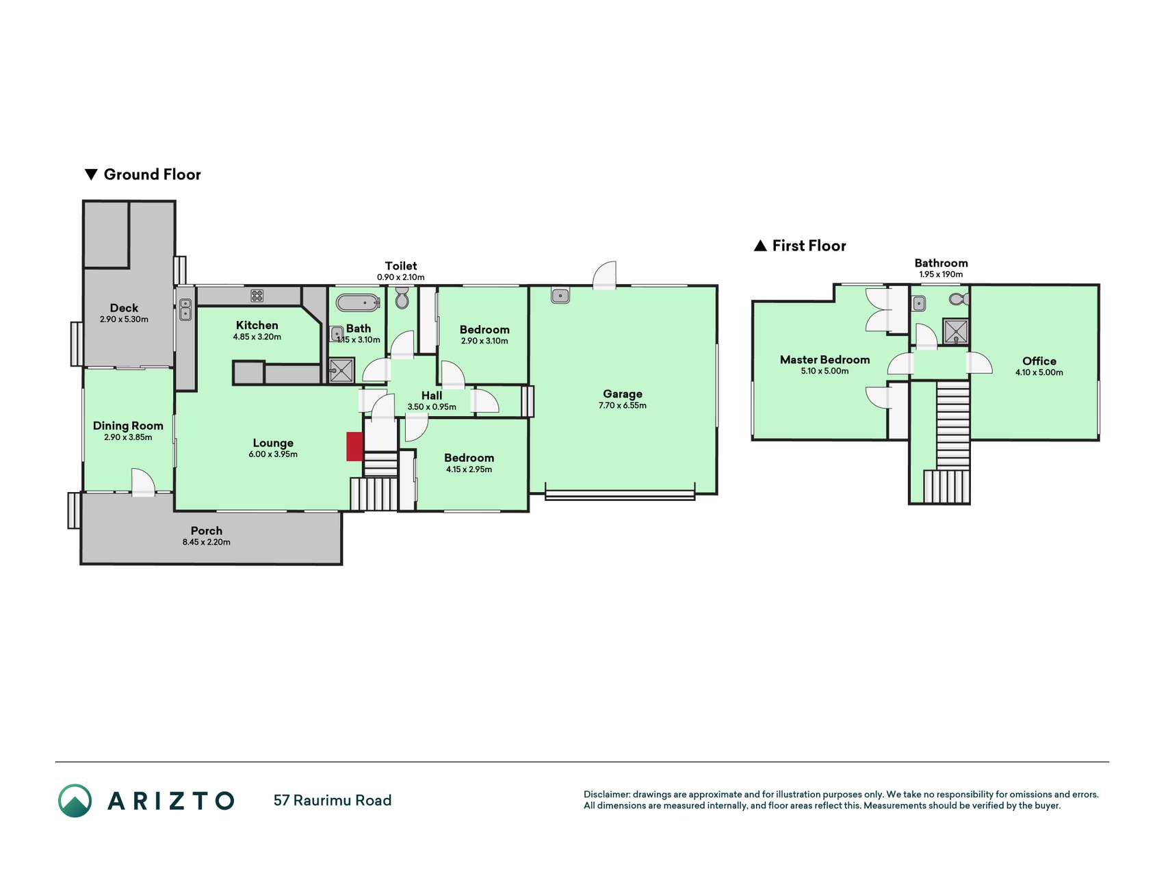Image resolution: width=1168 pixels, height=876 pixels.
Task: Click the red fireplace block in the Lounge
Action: tap(354, 446)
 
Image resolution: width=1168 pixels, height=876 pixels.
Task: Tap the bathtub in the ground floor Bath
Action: tap(358, 302)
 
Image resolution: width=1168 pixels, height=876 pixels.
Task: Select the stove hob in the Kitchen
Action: tap(257, 296)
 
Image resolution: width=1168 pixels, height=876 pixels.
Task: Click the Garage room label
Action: tap(623, 394)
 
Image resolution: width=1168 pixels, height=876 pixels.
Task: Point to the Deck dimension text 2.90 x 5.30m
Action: tap(124, 319)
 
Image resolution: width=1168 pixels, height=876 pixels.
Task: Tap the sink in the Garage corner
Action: tap(560, 296)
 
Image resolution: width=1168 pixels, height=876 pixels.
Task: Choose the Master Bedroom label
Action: tap(825, 359)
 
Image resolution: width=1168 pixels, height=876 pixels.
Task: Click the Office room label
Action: tap(1039, 361)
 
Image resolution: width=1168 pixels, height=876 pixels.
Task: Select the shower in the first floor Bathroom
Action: tap(956, 331)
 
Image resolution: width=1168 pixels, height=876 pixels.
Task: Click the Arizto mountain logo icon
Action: tap(75, 800)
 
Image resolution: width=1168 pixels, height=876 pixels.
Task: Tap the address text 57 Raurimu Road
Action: tap(333, 800)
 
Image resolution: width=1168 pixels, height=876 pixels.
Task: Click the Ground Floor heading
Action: tap(143, 175)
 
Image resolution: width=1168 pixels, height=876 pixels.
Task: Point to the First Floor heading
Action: tap(800, 246)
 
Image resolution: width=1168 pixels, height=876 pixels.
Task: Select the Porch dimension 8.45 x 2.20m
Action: tap(206, 542)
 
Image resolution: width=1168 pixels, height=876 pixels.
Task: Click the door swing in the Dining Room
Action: tap(144, 482)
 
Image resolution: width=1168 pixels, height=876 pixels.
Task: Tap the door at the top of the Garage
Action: tap(605, 275)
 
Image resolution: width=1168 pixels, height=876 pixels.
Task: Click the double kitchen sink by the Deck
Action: tap(185, 309)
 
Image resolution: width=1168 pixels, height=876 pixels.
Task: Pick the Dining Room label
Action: tap(128, 426)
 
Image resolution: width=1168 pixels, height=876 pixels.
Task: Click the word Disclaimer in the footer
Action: tap(606, 795)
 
